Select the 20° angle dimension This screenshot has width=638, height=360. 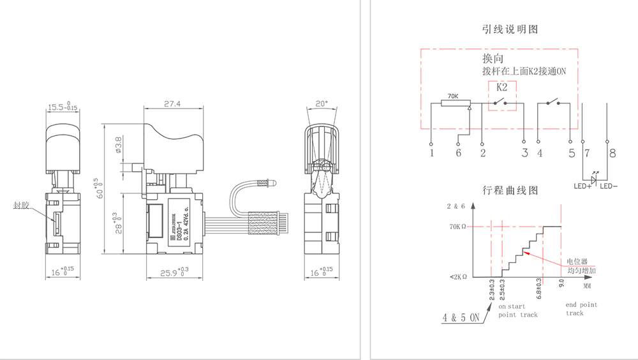[x=321, y=103]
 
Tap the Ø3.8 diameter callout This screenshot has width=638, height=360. [x=119, y=146]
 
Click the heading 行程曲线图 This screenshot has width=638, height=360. [x=510, y=190]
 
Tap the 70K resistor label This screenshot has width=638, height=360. [x=453, y=96]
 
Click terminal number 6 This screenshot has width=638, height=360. [x=458, y=153]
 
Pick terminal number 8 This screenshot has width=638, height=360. [x=612, y=153]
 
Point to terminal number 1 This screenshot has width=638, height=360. [x=432, y=153]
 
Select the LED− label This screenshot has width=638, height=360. [x=609, y=186]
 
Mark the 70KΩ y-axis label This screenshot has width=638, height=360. [x=458, y=227]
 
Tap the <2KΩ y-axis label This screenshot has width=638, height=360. [x=458, y=276]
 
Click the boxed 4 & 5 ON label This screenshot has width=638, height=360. [x=461, y=317]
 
